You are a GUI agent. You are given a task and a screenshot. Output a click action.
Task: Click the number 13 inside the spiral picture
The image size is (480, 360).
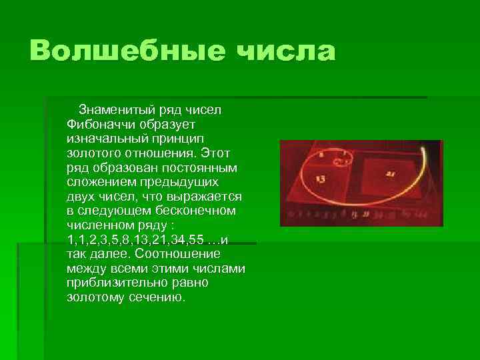(321, 179)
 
